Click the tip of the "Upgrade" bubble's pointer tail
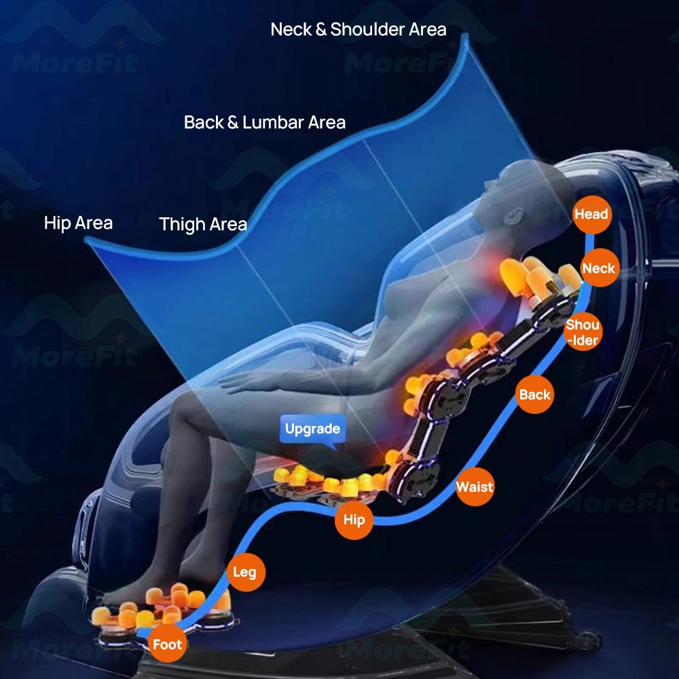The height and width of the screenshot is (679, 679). click(x=335, y=450)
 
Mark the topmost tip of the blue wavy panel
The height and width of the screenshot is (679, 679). click(x=465, y=34)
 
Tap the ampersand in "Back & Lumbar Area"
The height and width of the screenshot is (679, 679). click(x=232, y=122)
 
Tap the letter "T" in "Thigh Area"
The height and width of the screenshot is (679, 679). click(x=164, y=224)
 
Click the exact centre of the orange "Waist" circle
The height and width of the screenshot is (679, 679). click(x=475, y=487)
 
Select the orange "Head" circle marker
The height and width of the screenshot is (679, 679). click(x=591, y=215)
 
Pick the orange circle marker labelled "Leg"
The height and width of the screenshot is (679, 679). click(x=246, y=572)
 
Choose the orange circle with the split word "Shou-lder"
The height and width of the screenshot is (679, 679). click(x=583, y=332)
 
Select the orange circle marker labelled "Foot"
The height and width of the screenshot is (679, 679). click(x=167, y=644)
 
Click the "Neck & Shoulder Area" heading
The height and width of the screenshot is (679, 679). click(x=358, y=29)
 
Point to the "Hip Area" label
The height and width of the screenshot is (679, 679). click(x=78, y=223)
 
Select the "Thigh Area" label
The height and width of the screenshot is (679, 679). click(x=203, y=224)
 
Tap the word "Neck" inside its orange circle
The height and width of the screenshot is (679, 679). click(x=599, y=268)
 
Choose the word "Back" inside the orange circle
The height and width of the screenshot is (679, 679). click(x=535, y=394)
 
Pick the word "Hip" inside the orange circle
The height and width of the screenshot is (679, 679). click(x=354, y=519)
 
